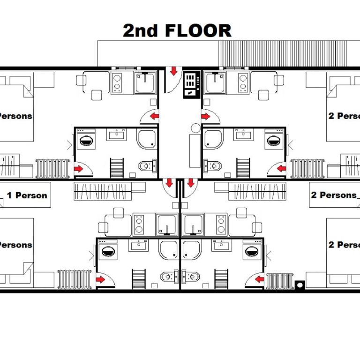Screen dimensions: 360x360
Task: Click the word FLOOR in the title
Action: point(198,31)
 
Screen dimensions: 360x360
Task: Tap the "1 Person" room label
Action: point(27,195)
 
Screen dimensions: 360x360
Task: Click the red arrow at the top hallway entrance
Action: point(173,71)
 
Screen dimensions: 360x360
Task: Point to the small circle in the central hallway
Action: point(195,127)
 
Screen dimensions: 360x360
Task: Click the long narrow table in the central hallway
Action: point(195,151)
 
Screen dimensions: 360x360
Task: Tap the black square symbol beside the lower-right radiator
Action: point(300,284)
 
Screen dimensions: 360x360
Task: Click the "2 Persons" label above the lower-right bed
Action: point(333,195)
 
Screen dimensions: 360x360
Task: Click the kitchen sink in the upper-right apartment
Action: point(216,83)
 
